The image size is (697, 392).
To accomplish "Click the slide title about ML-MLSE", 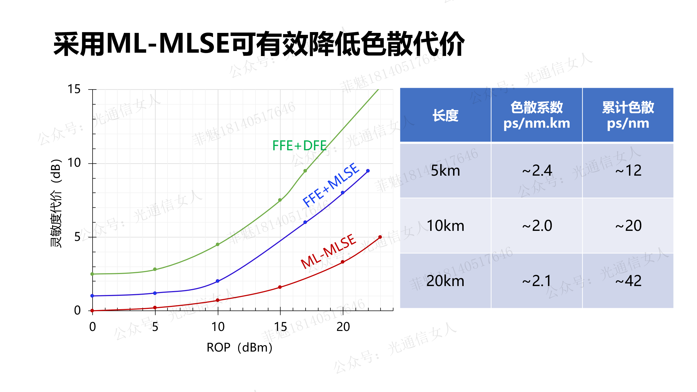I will coord(259,44).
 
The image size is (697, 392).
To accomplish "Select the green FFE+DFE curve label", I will coord(299,146).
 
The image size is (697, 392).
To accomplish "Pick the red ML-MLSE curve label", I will coord(328,251).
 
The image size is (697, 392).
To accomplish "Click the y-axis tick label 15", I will coord(74,89).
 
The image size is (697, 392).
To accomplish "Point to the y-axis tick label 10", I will coord(74,163).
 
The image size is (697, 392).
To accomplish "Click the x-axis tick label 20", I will coord(343,327).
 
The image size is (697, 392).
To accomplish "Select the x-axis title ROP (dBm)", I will coord(239,347).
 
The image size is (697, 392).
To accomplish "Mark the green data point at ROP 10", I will coord(218,245).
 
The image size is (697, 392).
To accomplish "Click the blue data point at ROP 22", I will coord(368,171).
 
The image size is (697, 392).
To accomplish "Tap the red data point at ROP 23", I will coord(380,237).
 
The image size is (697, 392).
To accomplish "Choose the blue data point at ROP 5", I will coord(155,293).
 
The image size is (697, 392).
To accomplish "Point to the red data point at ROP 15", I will coord(280,287).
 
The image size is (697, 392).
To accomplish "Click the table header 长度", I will coord(445,115).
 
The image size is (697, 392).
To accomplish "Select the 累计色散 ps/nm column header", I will coord(628,115).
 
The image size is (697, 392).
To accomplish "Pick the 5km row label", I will coord(445,171).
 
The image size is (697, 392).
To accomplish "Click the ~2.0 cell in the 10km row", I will coord(537,226).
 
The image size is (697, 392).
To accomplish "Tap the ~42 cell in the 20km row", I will coord(628,281).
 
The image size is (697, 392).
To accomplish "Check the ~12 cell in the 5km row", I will coord(628,171).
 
